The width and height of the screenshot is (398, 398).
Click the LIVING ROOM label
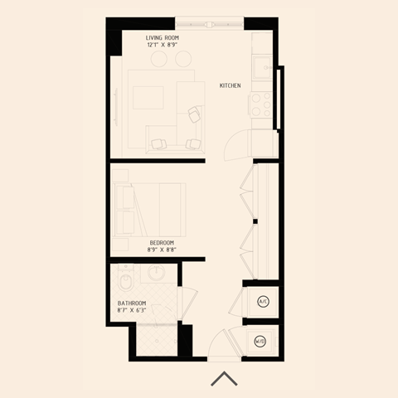tap(162, 37)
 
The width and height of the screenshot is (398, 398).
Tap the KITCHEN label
tap(231, 85)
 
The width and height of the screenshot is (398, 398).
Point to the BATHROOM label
tap(132, 303)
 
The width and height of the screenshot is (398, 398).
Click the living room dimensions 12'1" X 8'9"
tap(162, 45)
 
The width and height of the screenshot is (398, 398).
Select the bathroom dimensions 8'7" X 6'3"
tap(132, 311)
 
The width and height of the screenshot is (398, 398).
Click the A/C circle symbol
tap(264, 301)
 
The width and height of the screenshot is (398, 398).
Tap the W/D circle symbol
tap(260, 341)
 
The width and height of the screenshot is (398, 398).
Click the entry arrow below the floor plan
tap(224, 379)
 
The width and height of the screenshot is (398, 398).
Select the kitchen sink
tap(262, 66)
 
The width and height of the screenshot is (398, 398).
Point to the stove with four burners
tap(261, 104)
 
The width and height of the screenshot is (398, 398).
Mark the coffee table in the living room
tap(149, 98)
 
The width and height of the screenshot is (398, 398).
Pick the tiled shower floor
tap(157, 337)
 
